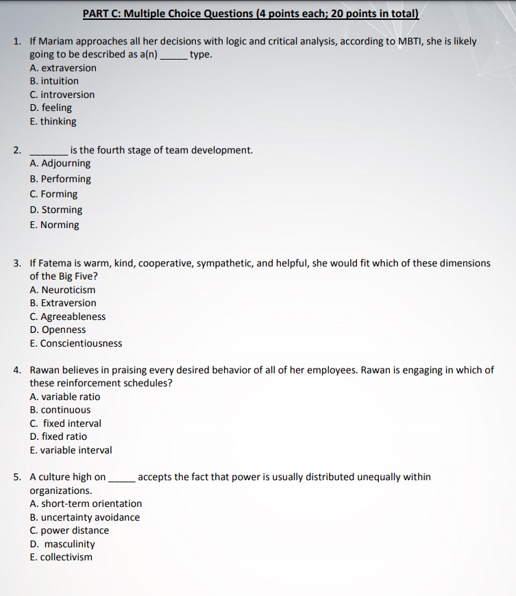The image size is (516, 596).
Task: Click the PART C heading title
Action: coord(251,14)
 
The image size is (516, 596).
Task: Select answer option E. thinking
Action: coord(53,121)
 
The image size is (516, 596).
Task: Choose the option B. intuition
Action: coord(54,81)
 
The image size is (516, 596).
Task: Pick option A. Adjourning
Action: coord(60,164)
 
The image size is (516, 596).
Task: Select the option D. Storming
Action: coord(56,210)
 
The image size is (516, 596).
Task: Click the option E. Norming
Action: coord(55,225)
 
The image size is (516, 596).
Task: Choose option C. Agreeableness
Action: coord(68,316)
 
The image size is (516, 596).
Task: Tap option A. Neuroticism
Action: coord(63,290)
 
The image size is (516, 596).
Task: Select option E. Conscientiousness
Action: coord(76,343)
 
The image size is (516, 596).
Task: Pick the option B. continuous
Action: coord(60,410)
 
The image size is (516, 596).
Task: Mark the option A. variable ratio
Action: coord(65,397)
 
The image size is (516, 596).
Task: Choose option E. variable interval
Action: coord(71,450)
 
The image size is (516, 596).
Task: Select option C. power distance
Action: coord(69,530)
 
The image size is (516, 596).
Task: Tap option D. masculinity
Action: coord(63,544)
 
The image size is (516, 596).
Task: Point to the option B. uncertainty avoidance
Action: coord(85,517)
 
